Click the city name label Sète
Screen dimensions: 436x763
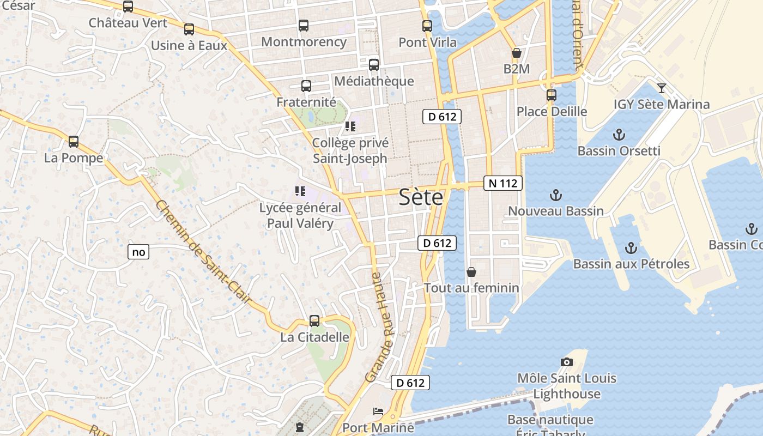[x=421, y=197]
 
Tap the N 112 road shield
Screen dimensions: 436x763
[x=502, y=183]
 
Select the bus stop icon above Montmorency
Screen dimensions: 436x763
[x=304, y=25]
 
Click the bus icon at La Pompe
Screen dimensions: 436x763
[x=74, y=141]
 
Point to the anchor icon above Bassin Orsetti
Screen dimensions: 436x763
[x=619, y=134]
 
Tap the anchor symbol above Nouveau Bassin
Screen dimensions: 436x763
[x=555, y=194]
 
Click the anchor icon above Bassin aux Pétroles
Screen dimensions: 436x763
[x=631, y=248]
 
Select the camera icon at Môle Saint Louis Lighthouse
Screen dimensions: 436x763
[x=567, y=362]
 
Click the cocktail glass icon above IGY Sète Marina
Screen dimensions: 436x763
[x=662, y=88]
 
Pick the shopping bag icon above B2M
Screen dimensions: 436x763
[x=516, y=53]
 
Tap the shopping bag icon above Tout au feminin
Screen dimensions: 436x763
[x=471, y=271]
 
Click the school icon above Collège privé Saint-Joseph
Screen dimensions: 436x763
[x=350, y=126]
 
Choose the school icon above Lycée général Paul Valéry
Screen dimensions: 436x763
[x=300, y=191]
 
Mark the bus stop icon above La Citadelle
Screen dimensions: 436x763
[x=314, y=320]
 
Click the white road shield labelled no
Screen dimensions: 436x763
[x=138, y=252]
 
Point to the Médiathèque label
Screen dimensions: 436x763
[x=374, y=81]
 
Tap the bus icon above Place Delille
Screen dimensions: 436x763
[x=552, y=95]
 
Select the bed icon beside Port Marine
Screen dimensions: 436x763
[x=378, y=411]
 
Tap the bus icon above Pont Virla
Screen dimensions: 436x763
[x=427, y=26]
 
